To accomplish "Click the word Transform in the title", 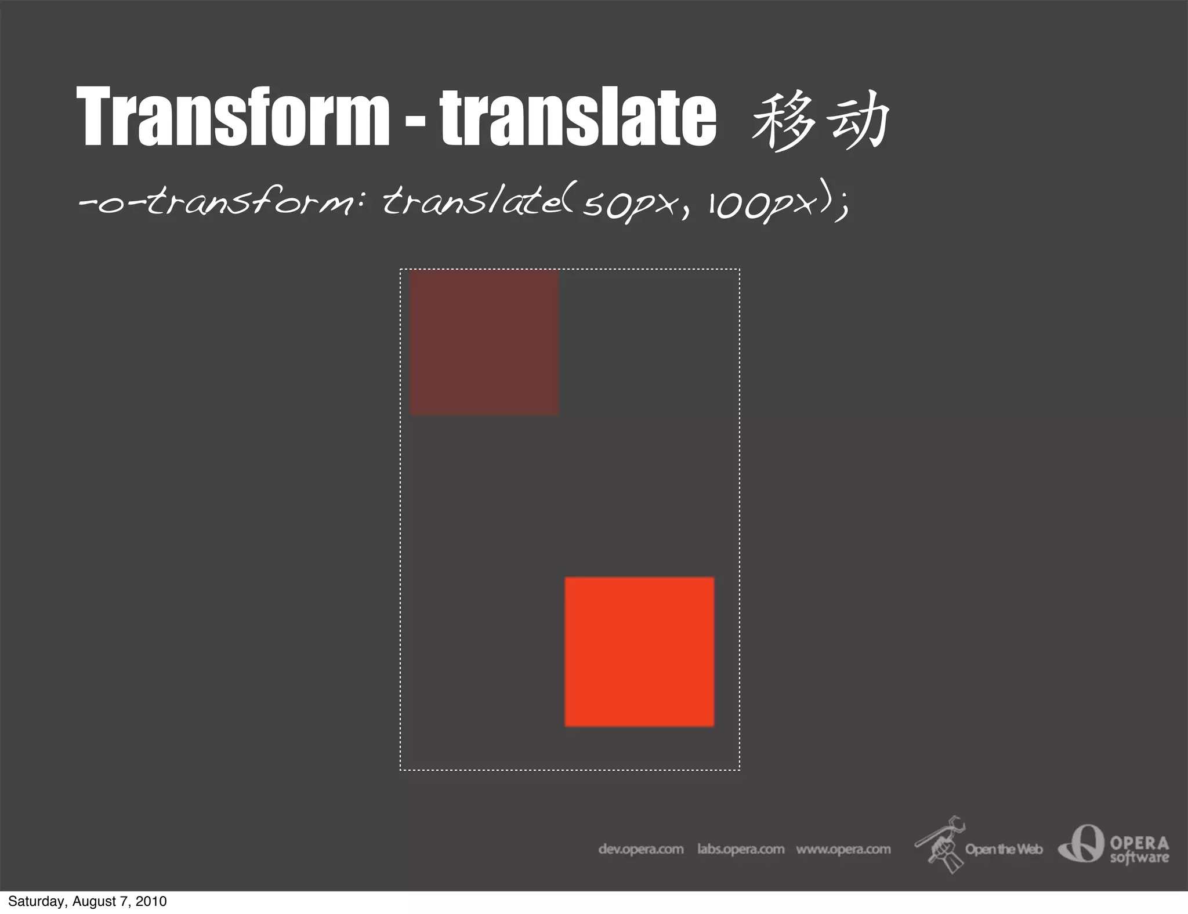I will click(x=233, y=116).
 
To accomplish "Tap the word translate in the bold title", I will click(x=578, y=116).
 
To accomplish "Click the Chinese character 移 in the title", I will click(x=781, y=121).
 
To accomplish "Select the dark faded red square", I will click(x=484, y=342).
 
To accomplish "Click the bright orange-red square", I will click(x=639, y=651).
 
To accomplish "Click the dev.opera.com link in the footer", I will click(x=640, y=849).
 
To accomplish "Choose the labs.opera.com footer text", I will click(x=740, y=849).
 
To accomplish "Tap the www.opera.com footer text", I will click(x=843, y=849).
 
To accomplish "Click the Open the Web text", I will click(x=1004, y=849).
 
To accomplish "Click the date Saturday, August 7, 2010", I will click(x=88, y=901).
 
